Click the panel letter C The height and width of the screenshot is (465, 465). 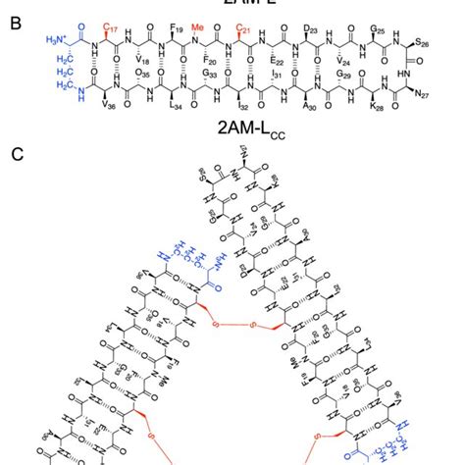[x=13, y=154]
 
